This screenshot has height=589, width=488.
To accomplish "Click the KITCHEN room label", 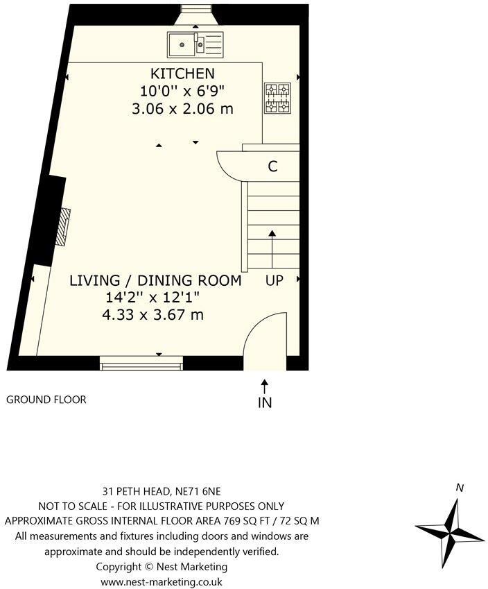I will (182, 74).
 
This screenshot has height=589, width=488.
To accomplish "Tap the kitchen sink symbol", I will (195, 44).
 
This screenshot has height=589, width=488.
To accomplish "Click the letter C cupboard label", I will (273, 167).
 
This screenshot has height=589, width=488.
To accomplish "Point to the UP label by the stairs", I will (273, 281).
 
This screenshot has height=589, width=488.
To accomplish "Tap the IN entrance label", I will (265, 402).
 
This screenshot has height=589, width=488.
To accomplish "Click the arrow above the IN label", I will (265, 384).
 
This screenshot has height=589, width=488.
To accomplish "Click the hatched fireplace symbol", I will (63, 226).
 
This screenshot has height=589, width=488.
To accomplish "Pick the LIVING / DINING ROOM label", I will (155, 281).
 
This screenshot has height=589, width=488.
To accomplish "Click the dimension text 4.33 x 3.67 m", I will (152, 315).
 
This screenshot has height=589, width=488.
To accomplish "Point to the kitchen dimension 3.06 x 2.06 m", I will (182, 109).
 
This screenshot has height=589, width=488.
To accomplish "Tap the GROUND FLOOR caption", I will (46, 400).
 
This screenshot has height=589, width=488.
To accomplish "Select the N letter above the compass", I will (459, 488).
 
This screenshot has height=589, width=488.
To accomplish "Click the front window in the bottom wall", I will (141, 361).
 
